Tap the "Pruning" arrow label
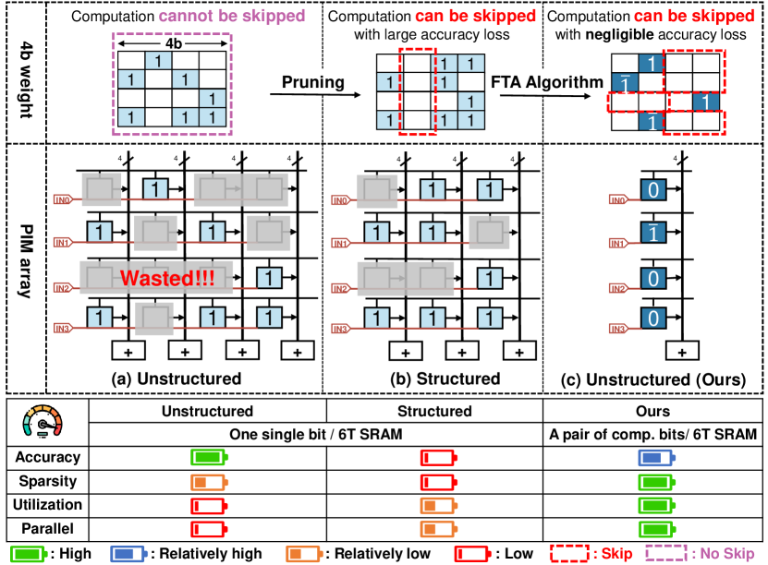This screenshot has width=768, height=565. pos(314,82)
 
